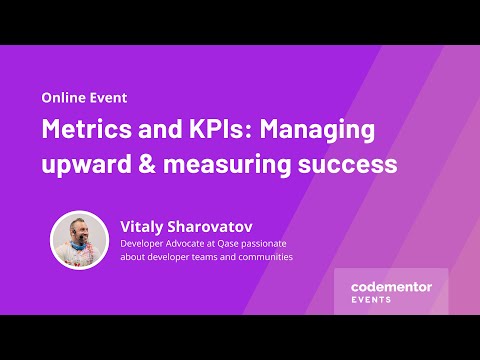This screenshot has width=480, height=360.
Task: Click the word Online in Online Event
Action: (63, 99)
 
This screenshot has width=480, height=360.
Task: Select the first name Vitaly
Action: (144, 225)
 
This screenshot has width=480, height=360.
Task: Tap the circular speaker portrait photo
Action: (79, 240)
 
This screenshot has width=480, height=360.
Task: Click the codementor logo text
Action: (391, 286)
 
